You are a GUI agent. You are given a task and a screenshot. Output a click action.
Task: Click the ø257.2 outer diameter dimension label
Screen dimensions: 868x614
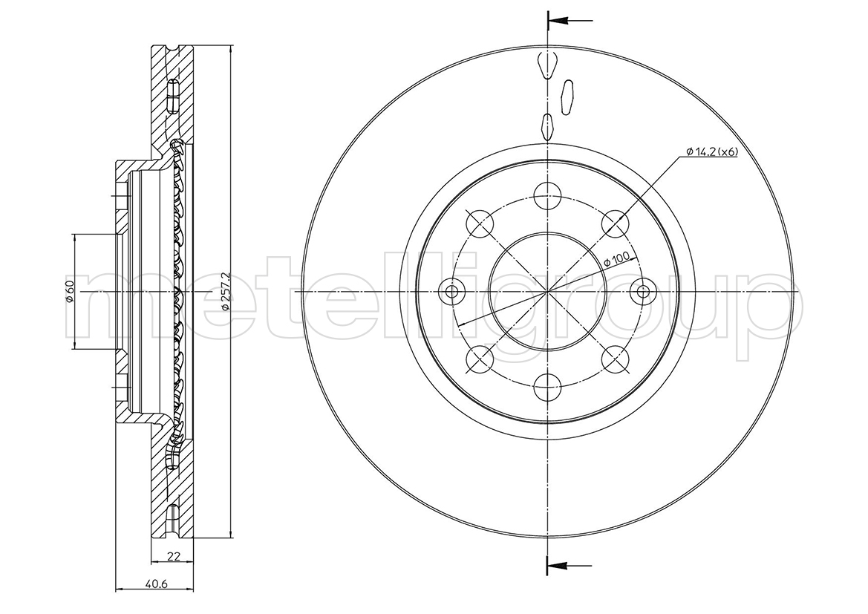pos(225,292)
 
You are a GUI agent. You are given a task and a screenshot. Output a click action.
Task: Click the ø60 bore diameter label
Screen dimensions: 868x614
pos(70,291)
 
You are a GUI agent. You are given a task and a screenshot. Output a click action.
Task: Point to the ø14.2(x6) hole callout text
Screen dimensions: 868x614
pos(712,151)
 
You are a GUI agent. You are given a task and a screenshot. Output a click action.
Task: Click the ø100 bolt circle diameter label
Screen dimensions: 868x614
pos(618,258)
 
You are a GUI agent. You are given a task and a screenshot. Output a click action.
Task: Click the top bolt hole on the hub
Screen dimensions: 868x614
pos(547,195)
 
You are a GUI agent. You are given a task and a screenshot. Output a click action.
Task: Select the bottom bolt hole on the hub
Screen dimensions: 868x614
pos(547,387)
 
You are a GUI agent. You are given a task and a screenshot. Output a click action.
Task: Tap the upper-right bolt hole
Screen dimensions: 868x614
pos(615,223)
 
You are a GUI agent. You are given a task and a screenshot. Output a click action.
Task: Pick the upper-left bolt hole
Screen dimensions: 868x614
pos(480,223)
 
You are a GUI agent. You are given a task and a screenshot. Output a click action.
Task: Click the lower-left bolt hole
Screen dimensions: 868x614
pos(480,359)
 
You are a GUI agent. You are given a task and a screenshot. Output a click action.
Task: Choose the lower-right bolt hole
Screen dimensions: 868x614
pos(615,359)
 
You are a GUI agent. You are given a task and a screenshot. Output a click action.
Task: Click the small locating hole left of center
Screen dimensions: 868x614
pos(453,291)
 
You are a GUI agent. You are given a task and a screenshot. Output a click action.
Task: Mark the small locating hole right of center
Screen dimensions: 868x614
pos(642,291)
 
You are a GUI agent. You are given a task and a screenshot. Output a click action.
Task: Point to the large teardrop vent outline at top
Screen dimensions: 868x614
pos(547,65)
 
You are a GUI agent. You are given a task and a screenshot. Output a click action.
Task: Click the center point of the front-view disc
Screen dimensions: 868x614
pos(547,291)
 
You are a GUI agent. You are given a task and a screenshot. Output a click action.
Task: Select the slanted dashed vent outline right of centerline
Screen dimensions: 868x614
pos(567,98)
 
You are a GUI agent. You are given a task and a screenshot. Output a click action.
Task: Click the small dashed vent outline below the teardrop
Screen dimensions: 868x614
pos(547,125)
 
